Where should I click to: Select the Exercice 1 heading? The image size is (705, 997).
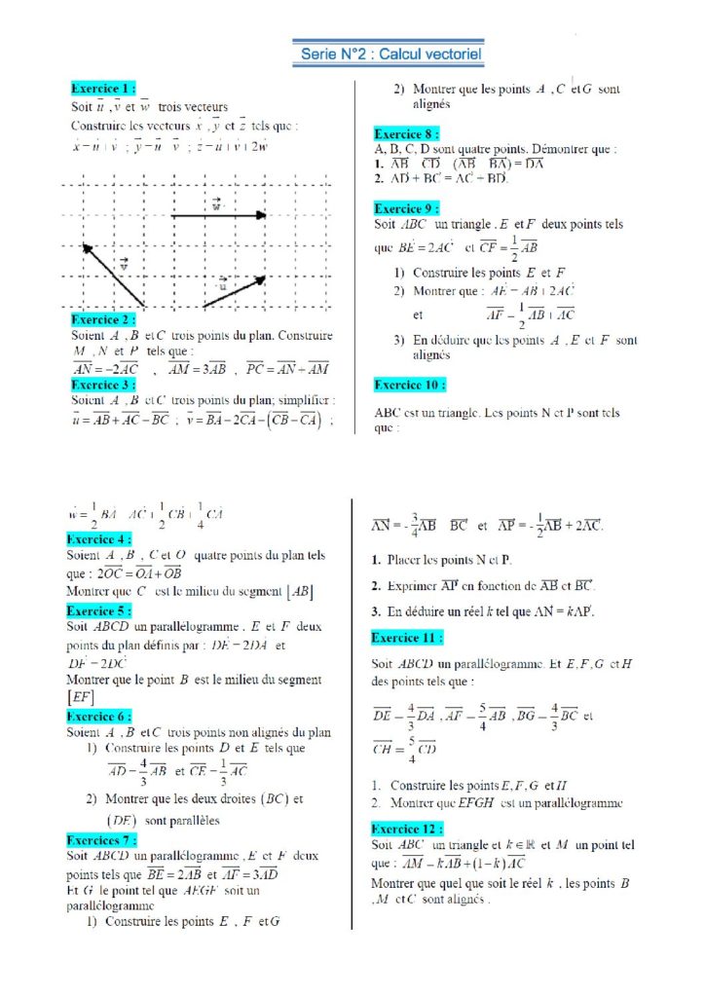pos(104,89)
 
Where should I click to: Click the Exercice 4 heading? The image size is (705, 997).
pos(98,538)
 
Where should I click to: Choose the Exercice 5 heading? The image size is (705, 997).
pos(98,610)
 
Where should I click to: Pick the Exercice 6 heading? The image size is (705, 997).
pos(98,716)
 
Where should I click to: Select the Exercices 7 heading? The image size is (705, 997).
pos(101,839)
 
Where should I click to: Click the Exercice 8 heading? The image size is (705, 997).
pos(406,133)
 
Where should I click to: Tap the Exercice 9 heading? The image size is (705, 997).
pos(406,207)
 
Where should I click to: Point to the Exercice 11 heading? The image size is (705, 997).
pos(407,638)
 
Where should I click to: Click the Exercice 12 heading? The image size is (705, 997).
pos(407,829)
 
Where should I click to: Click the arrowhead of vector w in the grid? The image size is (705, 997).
pos(262,214)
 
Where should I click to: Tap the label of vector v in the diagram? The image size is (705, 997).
pos(124,264)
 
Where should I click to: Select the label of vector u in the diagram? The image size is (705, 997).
pos(223,285)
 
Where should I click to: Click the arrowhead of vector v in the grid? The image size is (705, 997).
pos(87,248)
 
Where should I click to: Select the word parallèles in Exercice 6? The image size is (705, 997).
pos(187,820)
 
